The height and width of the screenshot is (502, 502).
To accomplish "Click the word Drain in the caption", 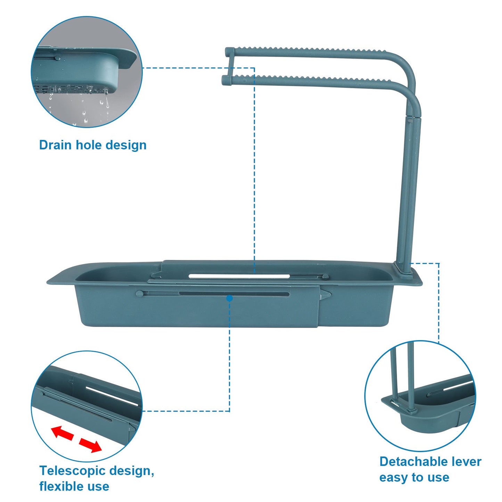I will point(56,145).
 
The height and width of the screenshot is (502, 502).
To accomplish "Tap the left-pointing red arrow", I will point(63,433).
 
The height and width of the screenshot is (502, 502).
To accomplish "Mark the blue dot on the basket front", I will point(229,298).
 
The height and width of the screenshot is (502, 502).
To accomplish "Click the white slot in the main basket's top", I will point(239,277).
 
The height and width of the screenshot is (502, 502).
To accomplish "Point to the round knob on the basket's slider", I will point(139,294).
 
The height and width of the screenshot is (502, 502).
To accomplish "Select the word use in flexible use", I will point(98,486).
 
